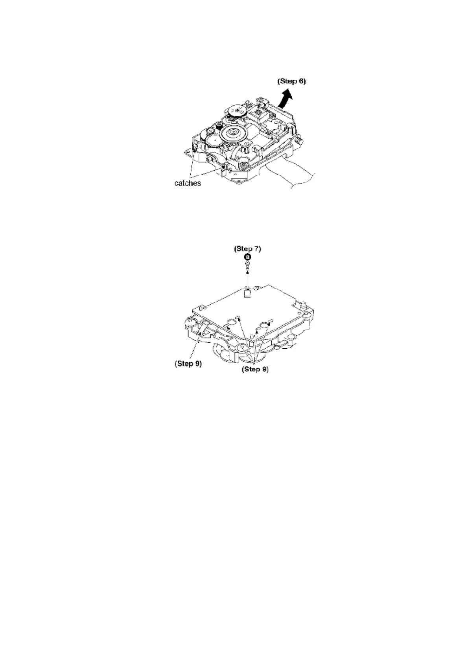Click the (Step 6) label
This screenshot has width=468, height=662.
(x=291, y=81)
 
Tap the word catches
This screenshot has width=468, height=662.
(x=188, y=184)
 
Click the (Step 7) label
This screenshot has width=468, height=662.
(x=247, y=248)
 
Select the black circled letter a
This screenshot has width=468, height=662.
(x=247, y=257)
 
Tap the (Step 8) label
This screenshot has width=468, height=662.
(x=255, y=370)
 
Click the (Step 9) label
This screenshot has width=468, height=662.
(x=188, y=364)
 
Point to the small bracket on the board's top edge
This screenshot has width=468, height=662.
(x=247, y=293)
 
